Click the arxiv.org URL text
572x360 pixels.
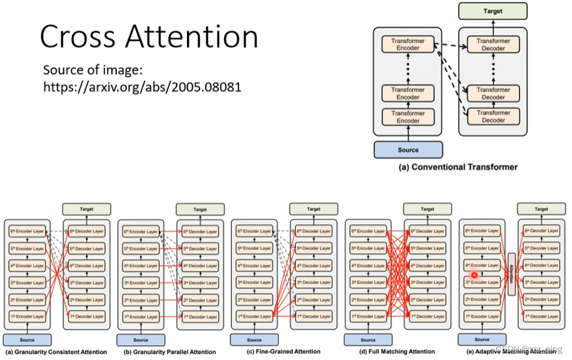point(142,86)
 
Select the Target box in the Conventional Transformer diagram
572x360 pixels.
point(493,11)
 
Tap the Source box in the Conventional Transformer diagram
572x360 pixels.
point(408,150)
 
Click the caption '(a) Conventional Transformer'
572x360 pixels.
point(458,167)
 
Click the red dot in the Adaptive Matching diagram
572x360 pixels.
point(474,275)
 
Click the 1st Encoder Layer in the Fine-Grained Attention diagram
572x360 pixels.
point(255,316)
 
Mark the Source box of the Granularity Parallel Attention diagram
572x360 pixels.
point(141,340)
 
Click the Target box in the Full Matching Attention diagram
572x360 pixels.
point(427,209)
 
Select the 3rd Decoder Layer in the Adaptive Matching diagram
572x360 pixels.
point(541,283)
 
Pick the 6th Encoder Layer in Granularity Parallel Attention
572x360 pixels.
point(141,232)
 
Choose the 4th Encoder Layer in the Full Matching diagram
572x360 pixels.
point(368,266)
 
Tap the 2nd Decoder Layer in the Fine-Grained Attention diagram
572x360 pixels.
point(313,299)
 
